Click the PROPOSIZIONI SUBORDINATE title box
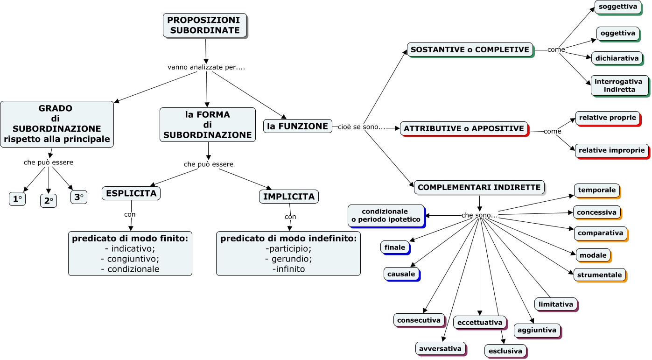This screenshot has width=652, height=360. pyautogui.click(x=204, y=25)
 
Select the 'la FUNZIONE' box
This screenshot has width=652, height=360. pyautogui.click(x=297, y=126)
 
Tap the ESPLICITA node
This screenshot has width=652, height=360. pyautogui.click(x=131, y=193)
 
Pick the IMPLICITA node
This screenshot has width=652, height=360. pyautogui.click(x=288, y=197)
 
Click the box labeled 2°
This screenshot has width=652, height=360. pyautogui.click(x=48, y=201)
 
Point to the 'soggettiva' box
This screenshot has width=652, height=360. pyautogui.click(x=617, y=7)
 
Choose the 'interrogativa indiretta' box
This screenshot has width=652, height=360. pyautogui.click(x=619, y=85)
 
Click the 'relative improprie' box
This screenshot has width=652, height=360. pyautogui.click(x=611, y=150)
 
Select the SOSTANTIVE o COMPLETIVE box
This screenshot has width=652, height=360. pyautogui.click(x=470, y=49)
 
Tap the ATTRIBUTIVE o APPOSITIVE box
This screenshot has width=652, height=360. pyautogui.click(x=463, y=128)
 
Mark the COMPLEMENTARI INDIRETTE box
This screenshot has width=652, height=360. pyautogui.click(x=479, y=187)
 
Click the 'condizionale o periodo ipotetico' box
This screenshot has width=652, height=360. pyautogui.click(x=386, y=215)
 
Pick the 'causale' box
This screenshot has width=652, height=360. pyautogui.click(x=401, y=274)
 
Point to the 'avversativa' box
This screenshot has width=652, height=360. pyautogui.click(x=440, y=348)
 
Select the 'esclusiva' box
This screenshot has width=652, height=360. pyautogui.click(x=505, y=351)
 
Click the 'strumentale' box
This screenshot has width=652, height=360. pyautogui.click(x=599, y=275)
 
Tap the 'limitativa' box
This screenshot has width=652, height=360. pyautogui.click(x=555, y=304)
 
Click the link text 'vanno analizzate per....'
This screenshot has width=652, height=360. pyautogui.click(x=206, y=67)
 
